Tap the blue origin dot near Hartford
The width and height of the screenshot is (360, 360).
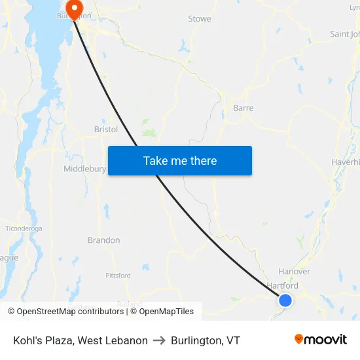(x=285, y=300)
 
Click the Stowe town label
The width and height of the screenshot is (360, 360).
(x=200, y=19)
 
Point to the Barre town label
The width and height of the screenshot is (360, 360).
(x=243, y=108)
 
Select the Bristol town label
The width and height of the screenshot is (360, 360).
(x=106, y=130)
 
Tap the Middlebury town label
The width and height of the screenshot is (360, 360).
(x=84, y=169)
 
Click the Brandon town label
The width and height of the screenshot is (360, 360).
(x=104, y=240)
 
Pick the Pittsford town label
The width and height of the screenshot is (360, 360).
(x=118, y=276)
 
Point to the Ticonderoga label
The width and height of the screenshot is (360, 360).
(x=24, y=228)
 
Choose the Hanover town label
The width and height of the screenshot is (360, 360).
(x=295, y=272)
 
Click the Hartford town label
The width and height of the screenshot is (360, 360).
(x=283, y=286)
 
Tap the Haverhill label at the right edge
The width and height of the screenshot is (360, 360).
(x=346, y=162)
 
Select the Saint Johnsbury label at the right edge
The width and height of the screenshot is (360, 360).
(x=345, y=34)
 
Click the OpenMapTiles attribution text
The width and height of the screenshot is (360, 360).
(x=165, y=312)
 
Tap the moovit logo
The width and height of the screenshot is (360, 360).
(x=320, y=340)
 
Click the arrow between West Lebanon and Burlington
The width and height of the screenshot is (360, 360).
(x=159, y=340)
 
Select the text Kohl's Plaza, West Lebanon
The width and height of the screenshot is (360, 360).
(x=81, y=340)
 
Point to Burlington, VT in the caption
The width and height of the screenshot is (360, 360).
(x=206, y=340)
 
